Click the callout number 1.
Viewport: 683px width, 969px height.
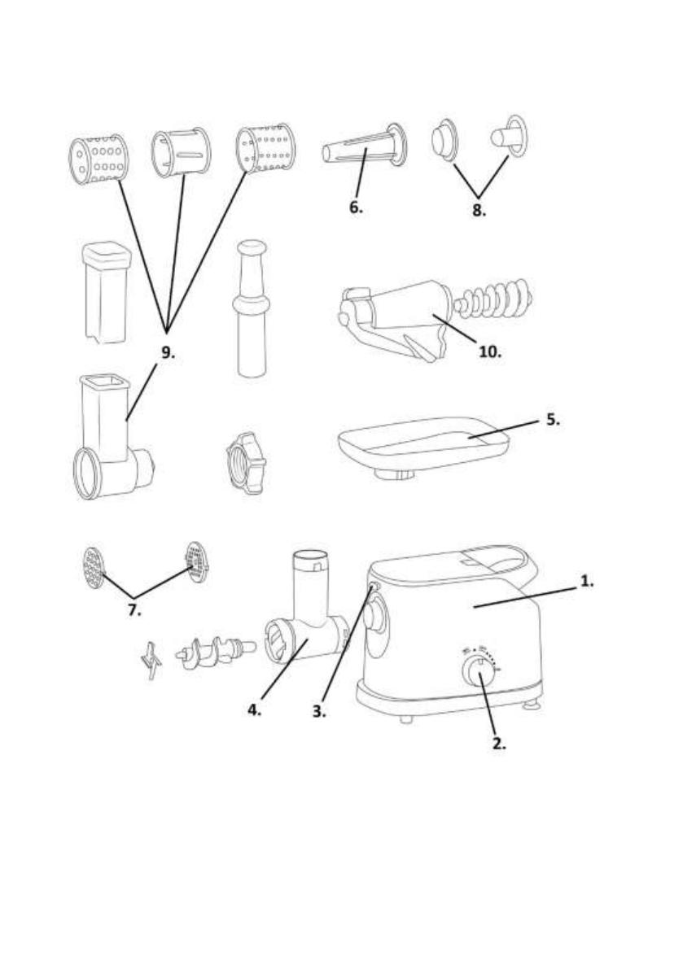(586, 583)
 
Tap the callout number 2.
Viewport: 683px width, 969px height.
(497, 743)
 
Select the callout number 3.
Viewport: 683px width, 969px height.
(320, 710)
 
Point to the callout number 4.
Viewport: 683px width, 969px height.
(256, 710)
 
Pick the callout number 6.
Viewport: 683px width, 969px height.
(356, 207)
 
